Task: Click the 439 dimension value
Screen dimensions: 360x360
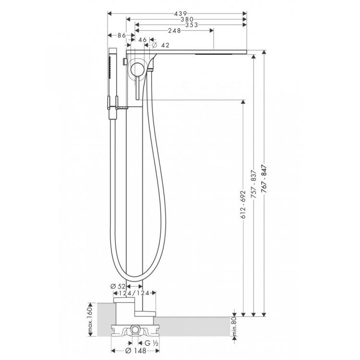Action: tap(180, 14)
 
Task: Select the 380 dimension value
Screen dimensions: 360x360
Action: tap(187, 20)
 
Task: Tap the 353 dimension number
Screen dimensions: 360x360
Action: tap(191, 25)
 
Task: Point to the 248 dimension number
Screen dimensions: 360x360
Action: tap(175, 31)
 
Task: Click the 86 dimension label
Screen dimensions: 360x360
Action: tap(122, 36)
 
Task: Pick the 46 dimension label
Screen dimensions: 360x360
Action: tap(143, 40)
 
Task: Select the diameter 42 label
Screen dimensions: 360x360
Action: tap(160, 45)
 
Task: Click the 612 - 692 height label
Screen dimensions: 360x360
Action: tap(243, 204)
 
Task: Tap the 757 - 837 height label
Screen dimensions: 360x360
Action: tap(254, 184)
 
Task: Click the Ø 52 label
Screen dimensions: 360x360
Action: tap(118, 286)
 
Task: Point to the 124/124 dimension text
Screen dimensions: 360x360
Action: tap(134, 293)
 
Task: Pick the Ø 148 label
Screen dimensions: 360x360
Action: tap(136, 351)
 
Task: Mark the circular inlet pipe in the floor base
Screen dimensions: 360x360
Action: tap(135, 331)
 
